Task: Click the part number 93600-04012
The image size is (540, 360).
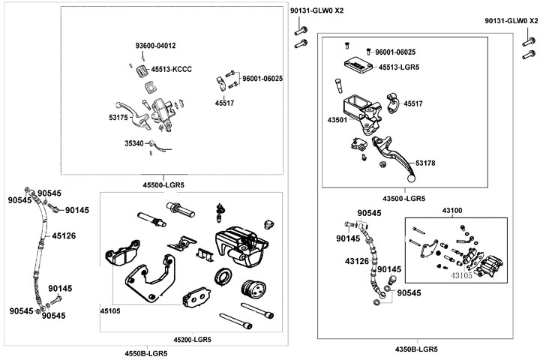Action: [155, 46]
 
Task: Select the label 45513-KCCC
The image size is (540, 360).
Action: [172, 69]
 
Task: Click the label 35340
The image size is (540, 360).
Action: [134, 142]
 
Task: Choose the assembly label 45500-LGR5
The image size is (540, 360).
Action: [163, 184]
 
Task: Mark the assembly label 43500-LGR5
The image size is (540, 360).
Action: [404, 199]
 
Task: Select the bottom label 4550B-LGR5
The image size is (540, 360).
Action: [146, 353]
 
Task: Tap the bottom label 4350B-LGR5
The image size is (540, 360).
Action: [416, 349]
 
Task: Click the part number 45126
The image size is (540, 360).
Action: [64, 235]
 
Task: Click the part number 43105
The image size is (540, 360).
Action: [463, 275]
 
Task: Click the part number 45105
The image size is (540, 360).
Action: [111, 309]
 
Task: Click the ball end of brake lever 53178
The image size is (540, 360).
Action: [410, 179]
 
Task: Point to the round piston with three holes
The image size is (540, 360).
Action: [251, 287]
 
